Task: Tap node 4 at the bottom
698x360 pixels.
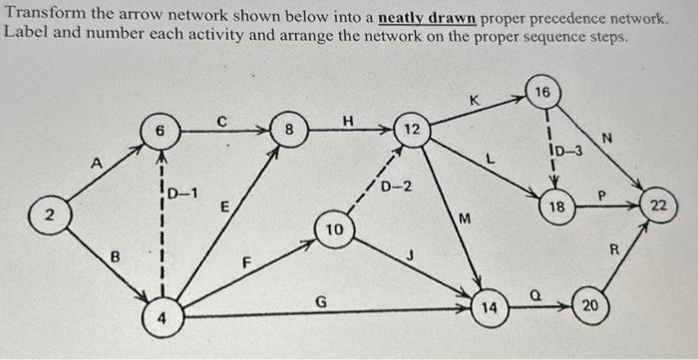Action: click(161, 319)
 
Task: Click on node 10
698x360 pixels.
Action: click(335, 229)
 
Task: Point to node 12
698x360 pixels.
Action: click(411, 129)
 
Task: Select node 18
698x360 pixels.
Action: click(557, 207)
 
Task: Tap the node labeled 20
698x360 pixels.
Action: click(589, 306)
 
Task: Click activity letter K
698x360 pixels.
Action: click(475, 100)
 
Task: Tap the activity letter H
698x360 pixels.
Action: click(347, 120)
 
